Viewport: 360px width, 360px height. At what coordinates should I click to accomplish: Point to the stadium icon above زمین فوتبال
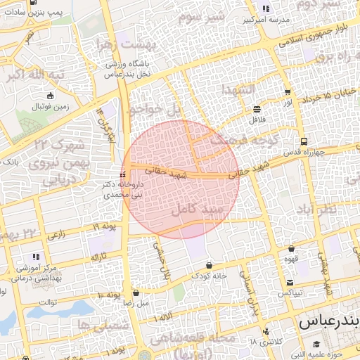(x=50, y=96)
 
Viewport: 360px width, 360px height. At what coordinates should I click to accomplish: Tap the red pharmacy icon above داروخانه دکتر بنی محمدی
(x=123, y=174)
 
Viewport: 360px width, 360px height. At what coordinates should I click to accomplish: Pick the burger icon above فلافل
(x=257, y=109)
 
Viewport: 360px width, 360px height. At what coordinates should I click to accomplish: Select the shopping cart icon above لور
(x=288, y=92)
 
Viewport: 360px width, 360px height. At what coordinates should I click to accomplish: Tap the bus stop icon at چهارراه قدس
(x=303, y=141)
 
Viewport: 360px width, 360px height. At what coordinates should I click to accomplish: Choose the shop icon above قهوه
(x=291, y=249)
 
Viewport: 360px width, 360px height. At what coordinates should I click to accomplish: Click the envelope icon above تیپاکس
(x=289, y=282)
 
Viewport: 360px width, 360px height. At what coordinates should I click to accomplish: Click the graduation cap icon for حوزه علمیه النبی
(x=316, y=344)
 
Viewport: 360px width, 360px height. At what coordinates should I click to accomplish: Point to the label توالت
(x=47, y=302)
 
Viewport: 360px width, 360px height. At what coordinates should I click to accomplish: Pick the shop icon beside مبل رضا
(x=136, y=293)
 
